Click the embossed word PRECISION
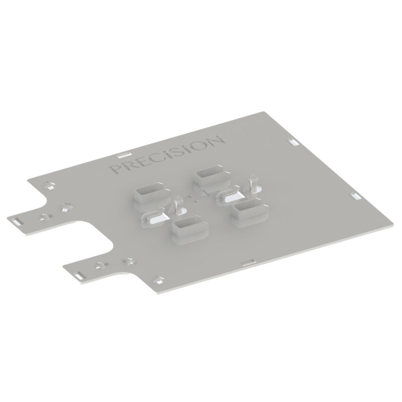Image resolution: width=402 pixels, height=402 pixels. pyautogui.click(x=166, y=155)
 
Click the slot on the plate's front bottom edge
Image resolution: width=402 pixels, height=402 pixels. pyautogui.click(x=249, y=261)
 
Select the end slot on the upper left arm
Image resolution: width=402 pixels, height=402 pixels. pyautogui.click(x=17, y=221)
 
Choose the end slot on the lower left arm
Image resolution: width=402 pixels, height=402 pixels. pyautogui.click(x=80, y=274)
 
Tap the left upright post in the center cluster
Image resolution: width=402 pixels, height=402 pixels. pyautogui.click(x=179, y=204)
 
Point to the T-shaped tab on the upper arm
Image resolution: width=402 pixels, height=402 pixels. pyautogui.click(x=45, y=217)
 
